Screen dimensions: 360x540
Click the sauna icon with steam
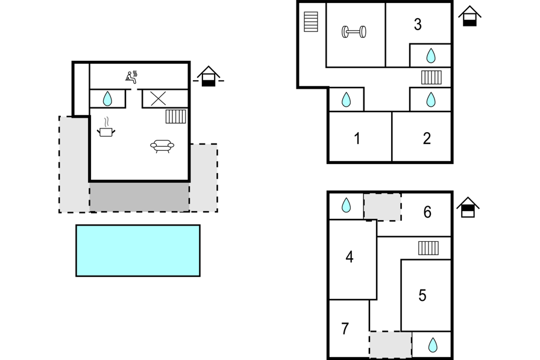131,77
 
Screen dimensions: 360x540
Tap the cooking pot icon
106,130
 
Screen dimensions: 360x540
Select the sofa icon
162,145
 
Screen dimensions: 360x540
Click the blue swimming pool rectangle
138,250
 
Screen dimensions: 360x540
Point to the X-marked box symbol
158,98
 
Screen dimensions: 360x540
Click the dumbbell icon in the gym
354,32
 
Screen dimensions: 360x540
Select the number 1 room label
357,139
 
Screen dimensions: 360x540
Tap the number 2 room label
427,138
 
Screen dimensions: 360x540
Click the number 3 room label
418,25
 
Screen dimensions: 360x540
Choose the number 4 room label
350,257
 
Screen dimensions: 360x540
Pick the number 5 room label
422,295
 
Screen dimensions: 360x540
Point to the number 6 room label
427,212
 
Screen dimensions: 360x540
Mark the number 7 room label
345,329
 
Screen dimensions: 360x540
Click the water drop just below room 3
431,56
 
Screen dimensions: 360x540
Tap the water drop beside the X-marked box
107,98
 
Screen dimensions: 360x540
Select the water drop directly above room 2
431,99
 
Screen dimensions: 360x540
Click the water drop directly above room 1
346,99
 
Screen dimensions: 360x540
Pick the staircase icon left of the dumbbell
310,22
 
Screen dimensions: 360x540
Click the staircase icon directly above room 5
429,248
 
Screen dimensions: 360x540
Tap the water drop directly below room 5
433,345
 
